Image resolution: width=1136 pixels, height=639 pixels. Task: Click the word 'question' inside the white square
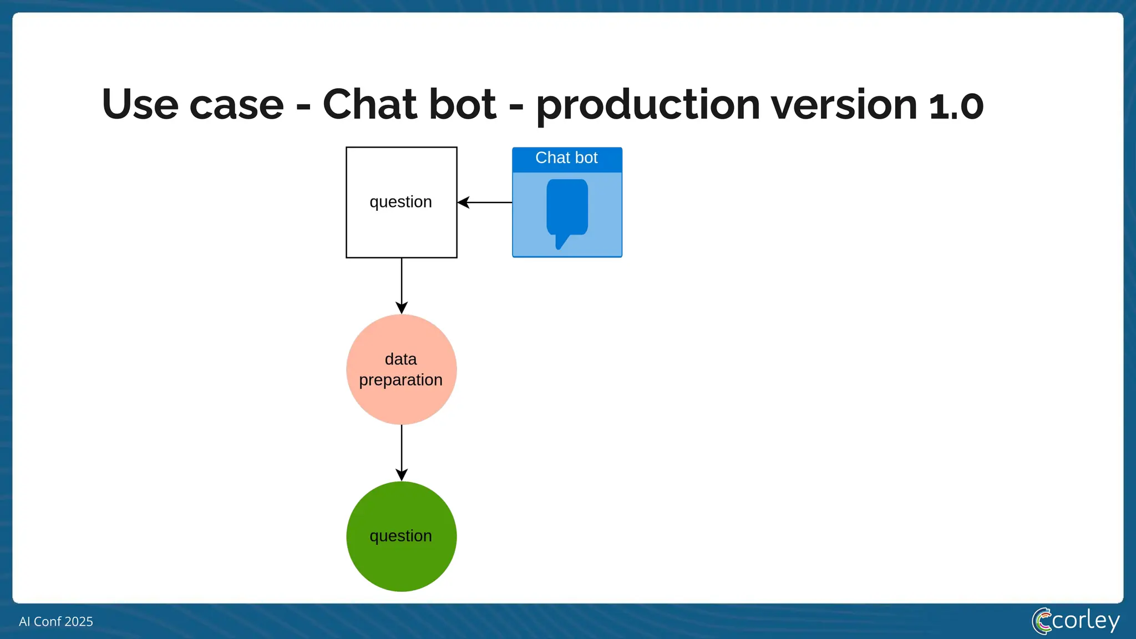[x=400, y=202]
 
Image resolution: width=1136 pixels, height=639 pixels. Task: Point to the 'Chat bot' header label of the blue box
[x=566, y=158]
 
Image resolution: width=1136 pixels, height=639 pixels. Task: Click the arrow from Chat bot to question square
[x=485, y=202]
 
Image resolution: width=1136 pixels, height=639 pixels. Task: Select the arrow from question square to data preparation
[x=402, y=285]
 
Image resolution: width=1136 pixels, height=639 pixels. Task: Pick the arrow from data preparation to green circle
[x=402, y=452]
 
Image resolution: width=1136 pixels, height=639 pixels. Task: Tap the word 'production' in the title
[x=647, y=105]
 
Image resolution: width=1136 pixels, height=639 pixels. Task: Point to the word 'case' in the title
[x=236, y=105]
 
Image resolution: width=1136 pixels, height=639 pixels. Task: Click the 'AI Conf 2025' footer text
[x=56, y=622]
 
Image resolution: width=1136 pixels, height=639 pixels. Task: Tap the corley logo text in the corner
[x=1085, y=621]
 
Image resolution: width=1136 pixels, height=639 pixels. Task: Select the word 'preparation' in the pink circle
[x=400, y=381]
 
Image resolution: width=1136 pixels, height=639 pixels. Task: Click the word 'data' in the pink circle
[x=400, y=359]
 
